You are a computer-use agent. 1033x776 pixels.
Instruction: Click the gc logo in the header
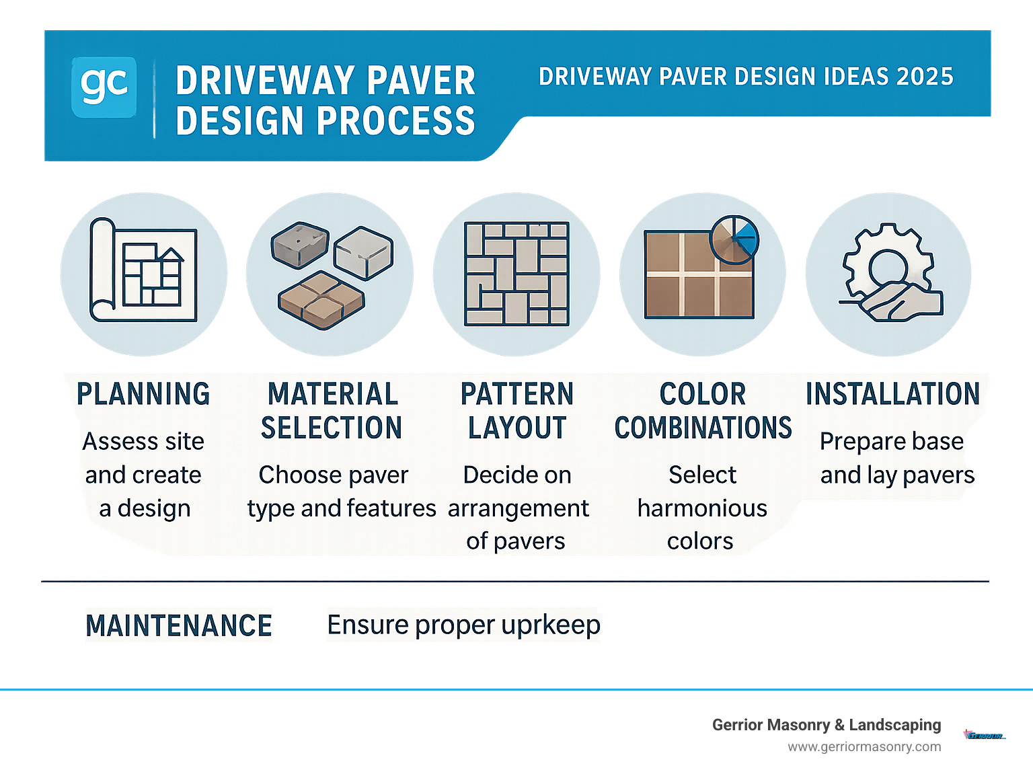[x=104, y=87]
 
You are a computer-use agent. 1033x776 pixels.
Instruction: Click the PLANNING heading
[x=143, y=394]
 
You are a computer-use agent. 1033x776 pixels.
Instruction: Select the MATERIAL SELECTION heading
[x=332, y=411]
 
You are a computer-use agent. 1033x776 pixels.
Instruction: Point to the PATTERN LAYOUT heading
[x=517, y=411]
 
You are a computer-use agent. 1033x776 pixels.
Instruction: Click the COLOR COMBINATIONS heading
[x=703, y=411]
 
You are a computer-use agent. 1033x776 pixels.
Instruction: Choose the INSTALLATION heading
[x=892, y=394]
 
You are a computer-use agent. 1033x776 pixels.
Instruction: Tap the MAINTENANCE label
[x=179, y=625]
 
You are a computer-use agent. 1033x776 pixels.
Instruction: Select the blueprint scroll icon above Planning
[x=143, y=270]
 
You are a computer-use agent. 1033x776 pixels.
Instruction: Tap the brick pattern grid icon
[x=516, y=274]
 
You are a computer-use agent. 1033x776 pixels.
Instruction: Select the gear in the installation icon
[x=888, y=262]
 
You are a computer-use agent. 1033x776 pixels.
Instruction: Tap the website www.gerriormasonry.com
[x=864, y=746]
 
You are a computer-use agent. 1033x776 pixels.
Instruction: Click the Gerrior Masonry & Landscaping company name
[x=827, y=725]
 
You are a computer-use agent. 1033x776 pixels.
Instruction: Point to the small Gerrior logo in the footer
[x=984, y=735]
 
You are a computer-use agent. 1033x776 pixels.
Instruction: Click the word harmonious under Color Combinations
[x=702, y=508]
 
